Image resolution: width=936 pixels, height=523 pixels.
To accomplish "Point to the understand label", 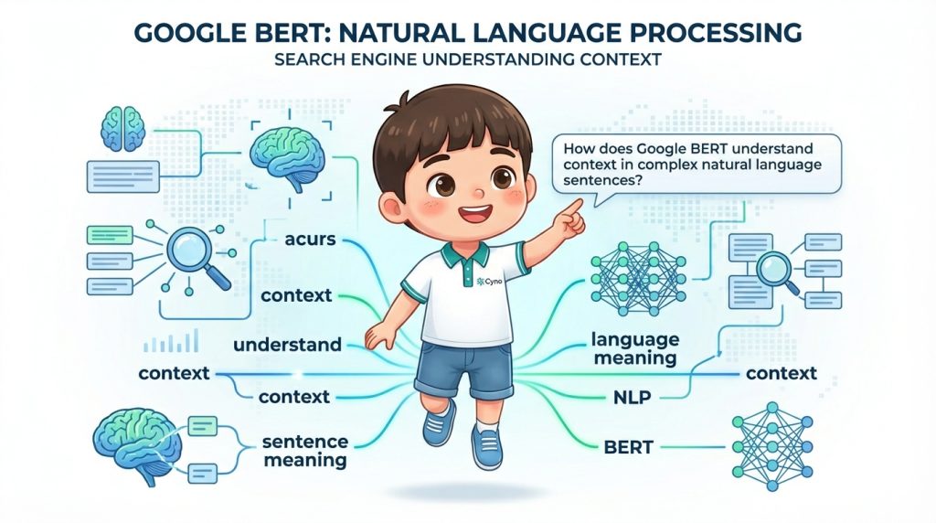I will (x=287, y=347).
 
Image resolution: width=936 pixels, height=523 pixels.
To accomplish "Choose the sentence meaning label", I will (x=305, y=450).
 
